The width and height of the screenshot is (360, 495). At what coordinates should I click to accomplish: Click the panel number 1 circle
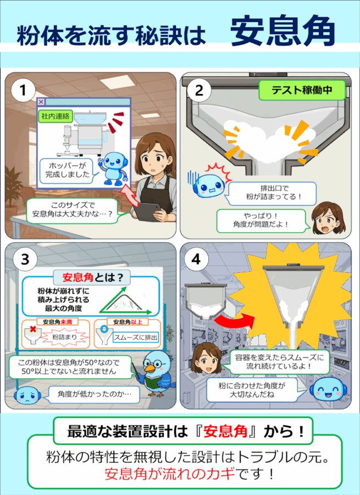[x=23, y=90]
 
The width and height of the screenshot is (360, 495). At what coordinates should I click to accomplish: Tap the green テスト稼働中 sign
[x=302, y=90]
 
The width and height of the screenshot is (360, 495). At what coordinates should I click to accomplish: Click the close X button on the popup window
[x=41, y=102]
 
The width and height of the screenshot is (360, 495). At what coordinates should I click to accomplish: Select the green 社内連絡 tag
[x=55, y=116]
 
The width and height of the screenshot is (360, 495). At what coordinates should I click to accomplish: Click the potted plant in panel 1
[x=13, y=189]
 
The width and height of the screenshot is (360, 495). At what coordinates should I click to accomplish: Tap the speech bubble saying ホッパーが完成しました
[x=67, y=170]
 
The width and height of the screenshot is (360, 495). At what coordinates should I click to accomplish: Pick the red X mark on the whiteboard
[x=32, y=329]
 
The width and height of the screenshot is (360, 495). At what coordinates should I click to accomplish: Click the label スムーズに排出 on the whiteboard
[x=136, y=338]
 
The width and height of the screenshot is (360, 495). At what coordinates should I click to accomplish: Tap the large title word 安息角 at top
[x=282, y=31]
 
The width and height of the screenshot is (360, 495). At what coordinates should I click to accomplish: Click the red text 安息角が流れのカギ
[x=170, y=474]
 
